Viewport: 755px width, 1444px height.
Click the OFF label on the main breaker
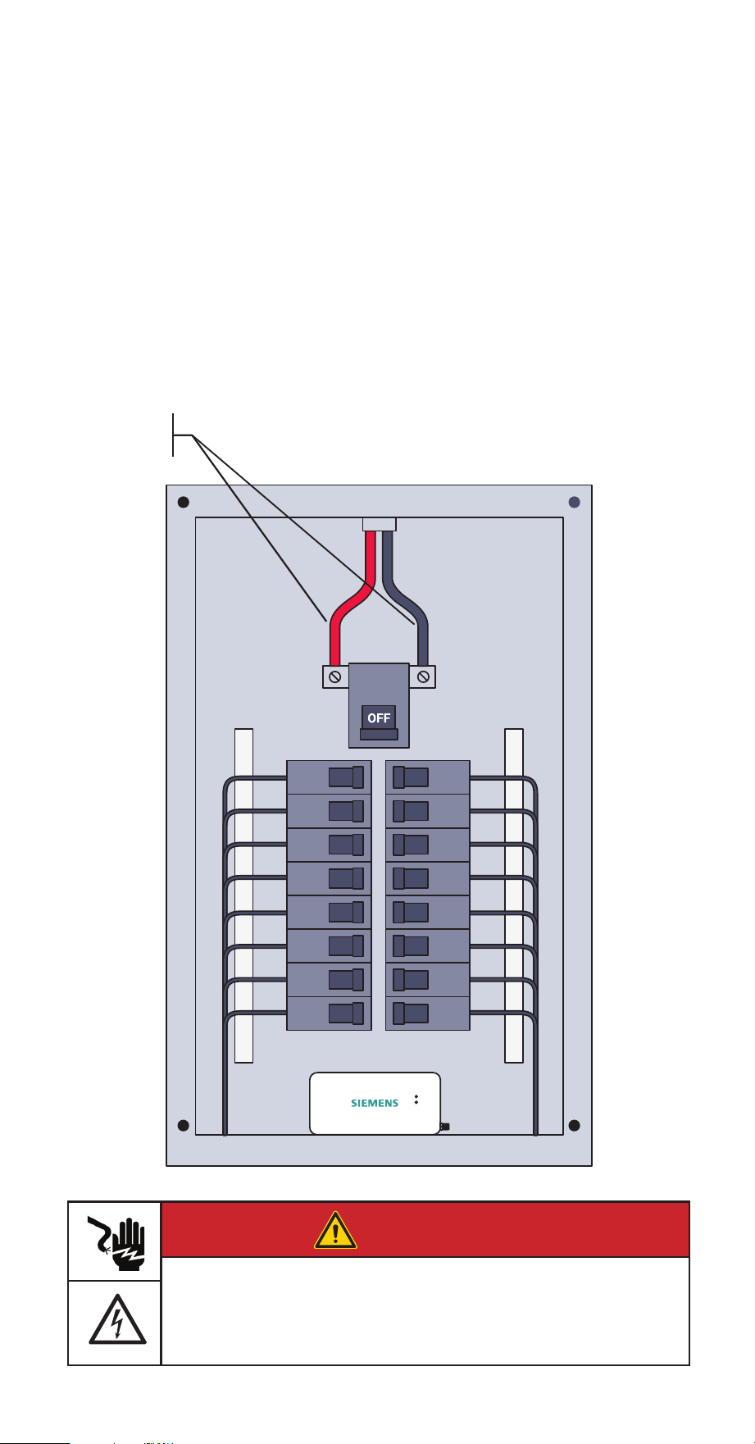click(x=379, y=717)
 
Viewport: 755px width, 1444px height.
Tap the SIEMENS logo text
click(x=375, y=1103)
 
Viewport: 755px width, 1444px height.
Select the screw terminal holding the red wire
click(x=334, y=676)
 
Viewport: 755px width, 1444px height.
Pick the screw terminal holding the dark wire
click(x=422, y=676)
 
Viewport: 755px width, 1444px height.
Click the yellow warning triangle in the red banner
click(x=335, y=1230)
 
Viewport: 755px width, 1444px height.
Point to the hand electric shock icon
click(x=115, y=1241)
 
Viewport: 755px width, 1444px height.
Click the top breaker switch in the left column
click(x=346, y=777)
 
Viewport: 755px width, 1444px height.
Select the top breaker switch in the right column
click(x=411, y=777)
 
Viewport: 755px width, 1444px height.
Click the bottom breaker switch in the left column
click(x=346, y=1013)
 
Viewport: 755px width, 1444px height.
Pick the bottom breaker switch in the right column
click(x=411, y=1013)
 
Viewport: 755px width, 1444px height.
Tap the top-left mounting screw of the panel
click(x=184, y=502)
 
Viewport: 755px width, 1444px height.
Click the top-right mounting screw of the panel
click(x=575, y=502)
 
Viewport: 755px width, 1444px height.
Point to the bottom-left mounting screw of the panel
click(x=184, y=1125)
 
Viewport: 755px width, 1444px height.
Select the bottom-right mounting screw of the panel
click(x=575, y=1125)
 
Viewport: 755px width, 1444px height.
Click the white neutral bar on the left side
click(x=243, y=895)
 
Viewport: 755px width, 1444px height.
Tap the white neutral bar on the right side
click(x=514, y=895)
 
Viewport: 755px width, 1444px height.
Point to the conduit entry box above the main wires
click(x=379, y=524)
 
